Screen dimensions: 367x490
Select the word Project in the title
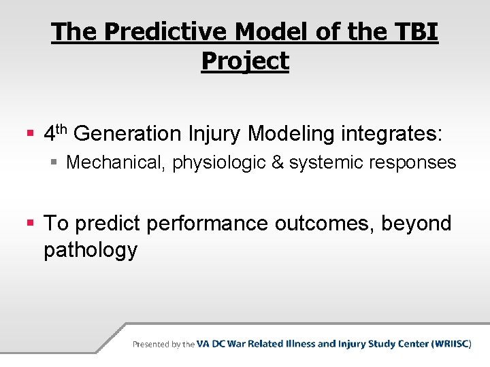pyautogui.click(x=245, y=61)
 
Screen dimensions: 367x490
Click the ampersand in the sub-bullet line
pyautogui.click(x=274, y=162)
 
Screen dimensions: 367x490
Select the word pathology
pyautogui.click(x=90, y=250)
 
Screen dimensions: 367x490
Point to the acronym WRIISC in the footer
pyautogui.click(x=450, y=344)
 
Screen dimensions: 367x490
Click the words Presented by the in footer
pyautogui.click(x=163, y=345)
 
